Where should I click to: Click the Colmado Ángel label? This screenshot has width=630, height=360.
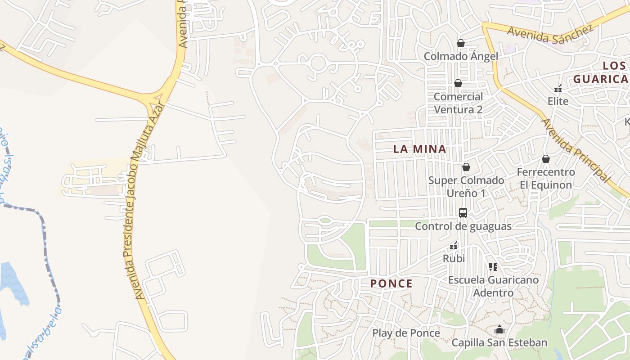point(461,56)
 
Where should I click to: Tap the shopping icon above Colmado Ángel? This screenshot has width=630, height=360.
point(460,43)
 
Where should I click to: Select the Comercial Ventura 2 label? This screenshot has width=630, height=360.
point(458,103)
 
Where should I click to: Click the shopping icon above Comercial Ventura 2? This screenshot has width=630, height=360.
point(458,83)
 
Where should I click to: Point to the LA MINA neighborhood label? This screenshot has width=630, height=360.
point(420,149)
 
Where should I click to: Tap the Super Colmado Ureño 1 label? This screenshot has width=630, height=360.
point(466,187)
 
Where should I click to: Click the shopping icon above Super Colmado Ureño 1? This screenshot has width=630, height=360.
point(466,167)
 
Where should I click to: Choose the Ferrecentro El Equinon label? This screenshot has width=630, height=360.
point(545,179)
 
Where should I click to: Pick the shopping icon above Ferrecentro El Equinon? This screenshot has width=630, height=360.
point(545,159)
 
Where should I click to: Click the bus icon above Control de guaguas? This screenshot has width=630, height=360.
point(463,213)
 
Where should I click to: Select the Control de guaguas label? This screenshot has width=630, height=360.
point(463,226)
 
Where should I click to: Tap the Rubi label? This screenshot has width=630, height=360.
point(454,259)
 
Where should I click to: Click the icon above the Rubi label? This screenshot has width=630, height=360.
point(454,246)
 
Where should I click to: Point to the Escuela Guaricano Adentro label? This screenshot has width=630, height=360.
point(493,286)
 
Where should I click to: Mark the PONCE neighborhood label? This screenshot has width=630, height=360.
point(391,283)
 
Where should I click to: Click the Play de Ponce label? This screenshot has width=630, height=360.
point(406,333)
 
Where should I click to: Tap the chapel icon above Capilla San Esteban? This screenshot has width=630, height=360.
point(499,330)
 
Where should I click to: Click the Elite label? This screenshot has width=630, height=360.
point(558,101)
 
